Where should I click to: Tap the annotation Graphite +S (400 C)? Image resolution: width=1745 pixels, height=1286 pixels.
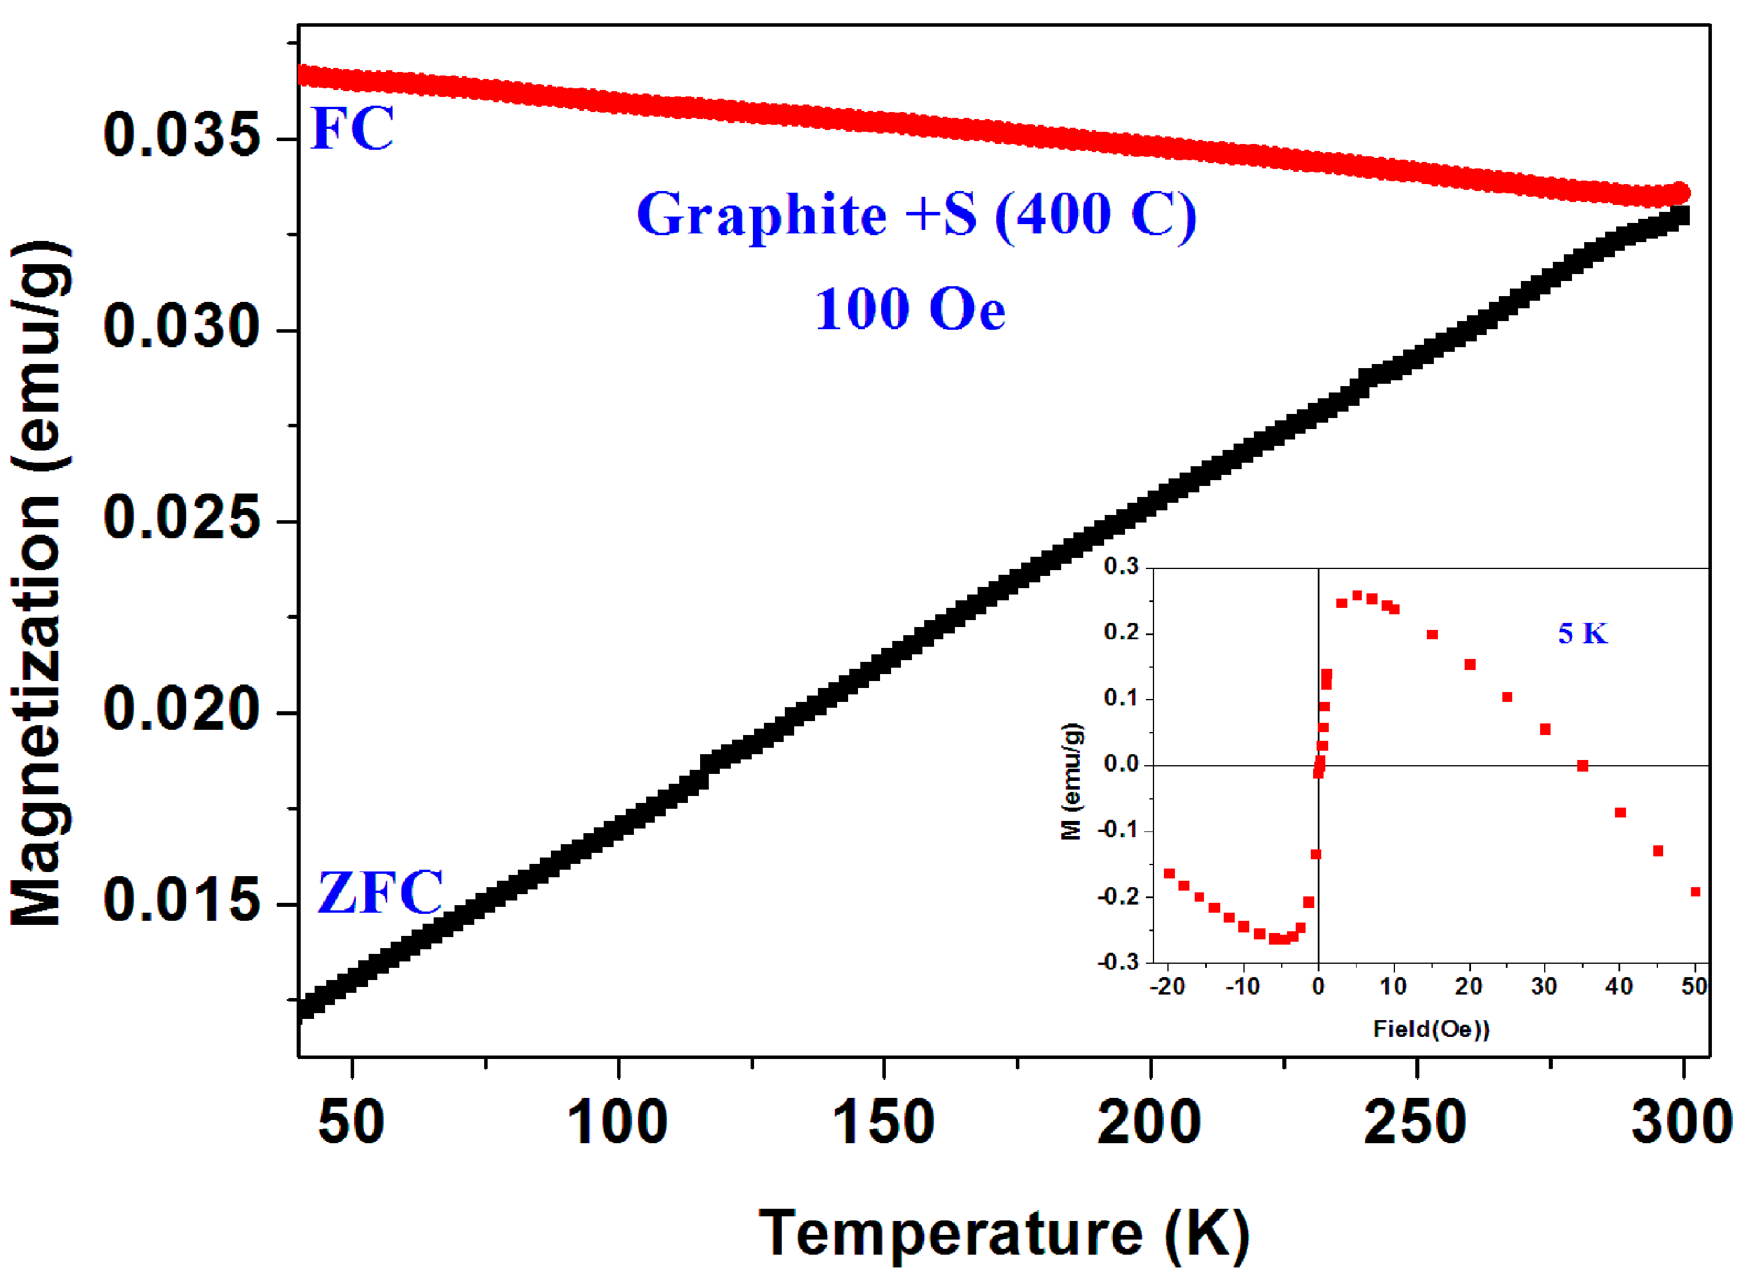point(916,215)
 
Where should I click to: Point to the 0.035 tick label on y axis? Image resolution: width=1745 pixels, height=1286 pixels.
point(181,135)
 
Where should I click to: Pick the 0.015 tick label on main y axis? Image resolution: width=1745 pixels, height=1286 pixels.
point(181,900)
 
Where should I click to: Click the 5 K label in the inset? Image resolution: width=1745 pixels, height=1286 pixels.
point(1581,633)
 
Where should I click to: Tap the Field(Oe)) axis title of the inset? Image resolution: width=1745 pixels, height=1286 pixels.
point(1430,1030)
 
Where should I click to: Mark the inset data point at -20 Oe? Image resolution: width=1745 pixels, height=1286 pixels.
point(1169,873)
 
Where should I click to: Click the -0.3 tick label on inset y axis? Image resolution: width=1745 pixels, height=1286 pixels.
point(1117,962)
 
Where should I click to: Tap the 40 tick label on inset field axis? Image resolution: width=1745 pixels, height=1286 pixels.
point(1619,987)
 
